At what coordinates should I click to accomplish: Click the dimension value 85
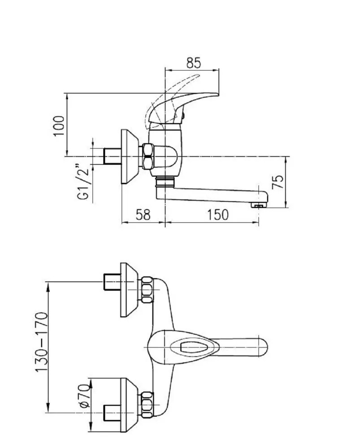pos(194,63)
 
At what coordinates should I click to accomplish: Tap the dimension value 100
pos(59,126)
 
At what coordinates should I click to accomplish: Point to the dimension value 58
pos(143,215)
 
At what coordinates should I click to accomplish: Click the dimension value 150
pos(217,215)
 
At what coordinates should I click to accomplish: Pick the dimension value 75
pos(278,182)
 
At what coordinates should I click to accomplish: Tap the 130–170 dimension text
pos(41,342)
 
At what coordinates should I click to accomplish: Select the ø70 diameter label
pos(85,396)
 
